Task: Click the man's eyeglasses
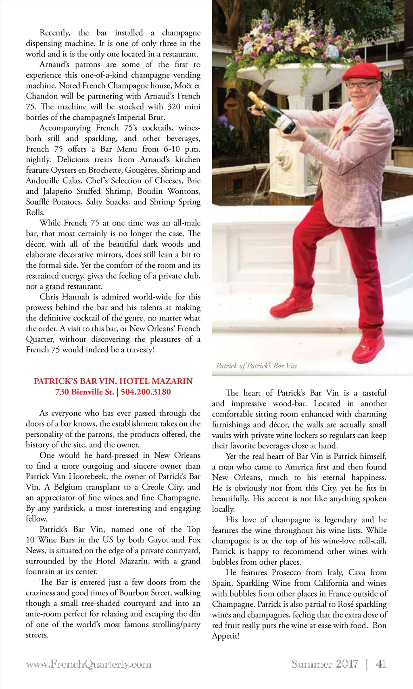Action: (361, 85)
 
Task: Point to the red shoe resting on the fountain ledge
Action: (291, 306)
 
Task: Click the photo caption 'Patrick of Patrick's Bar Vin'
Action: (256, 366)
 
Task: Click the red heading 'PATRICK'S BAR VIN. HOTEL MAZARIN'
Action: (113, 381)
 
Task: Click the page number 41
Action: (381, 664)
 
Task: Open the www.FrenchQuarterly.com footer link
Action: (88, 664)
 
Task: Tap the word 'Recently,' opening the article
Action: (54, 33)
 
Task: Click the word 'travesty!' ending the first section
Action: (140, 350)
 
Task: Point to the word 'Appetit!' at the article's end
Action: (225, 636)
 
